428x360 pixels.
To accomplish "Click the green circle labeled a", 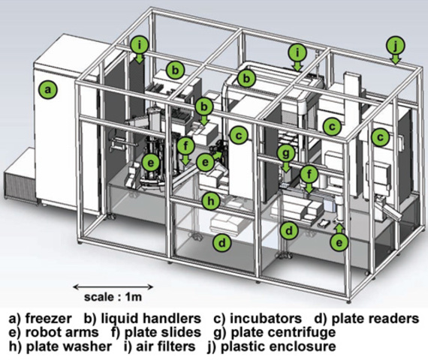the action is (48, 89).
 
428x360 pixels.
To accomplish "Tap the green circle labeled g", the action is (286, 153).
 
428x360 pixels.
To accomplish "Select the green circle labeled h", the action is (211, 201).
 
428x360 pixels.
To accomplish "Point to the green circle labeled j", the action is (396, 46).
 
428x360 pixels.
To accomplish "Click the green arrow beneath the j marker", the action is (396, 59).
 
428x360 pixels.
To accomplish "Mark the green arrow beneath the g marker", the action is (286, 167).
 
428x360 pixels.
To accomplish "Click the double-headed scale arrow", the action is (113, 286).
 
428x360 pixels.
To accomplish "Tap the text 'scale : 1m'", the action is (113, 297).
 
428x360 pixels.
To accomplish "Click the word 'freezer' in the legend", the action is (48, 318).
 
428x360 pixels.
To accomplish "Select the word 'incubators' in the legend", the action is (266, 318).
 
